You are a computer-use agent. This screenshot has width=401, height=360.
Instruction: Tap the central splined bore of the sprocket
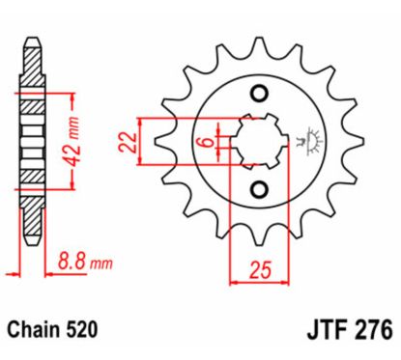pyautogui.click(x=258, y=141)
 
